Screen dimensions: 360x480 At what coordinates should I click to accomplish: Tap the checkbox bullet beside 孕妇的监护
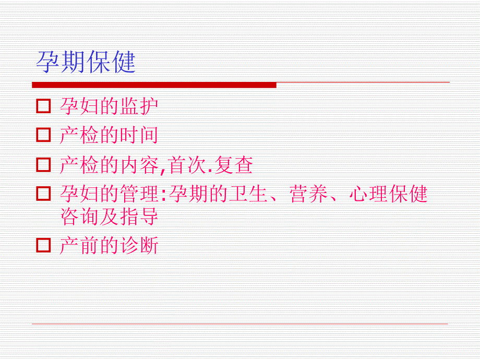[x=44, y=106]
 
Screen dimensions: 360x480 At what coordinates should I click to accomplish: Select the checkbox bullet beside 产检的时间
[x=44, y=136]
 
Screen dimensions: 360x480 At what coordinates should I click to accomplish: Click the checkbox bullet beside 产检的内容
[x=44, y=165]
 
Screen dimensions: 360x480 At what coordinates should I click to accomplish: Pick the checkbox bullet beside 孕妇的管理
[x=44, y=195]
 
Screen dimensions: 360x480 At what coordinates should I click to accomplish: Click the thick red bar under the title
[x=154, y=85]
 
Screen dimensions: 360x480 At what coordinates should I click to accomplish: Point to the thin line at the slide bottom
[x=240, y=324]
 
